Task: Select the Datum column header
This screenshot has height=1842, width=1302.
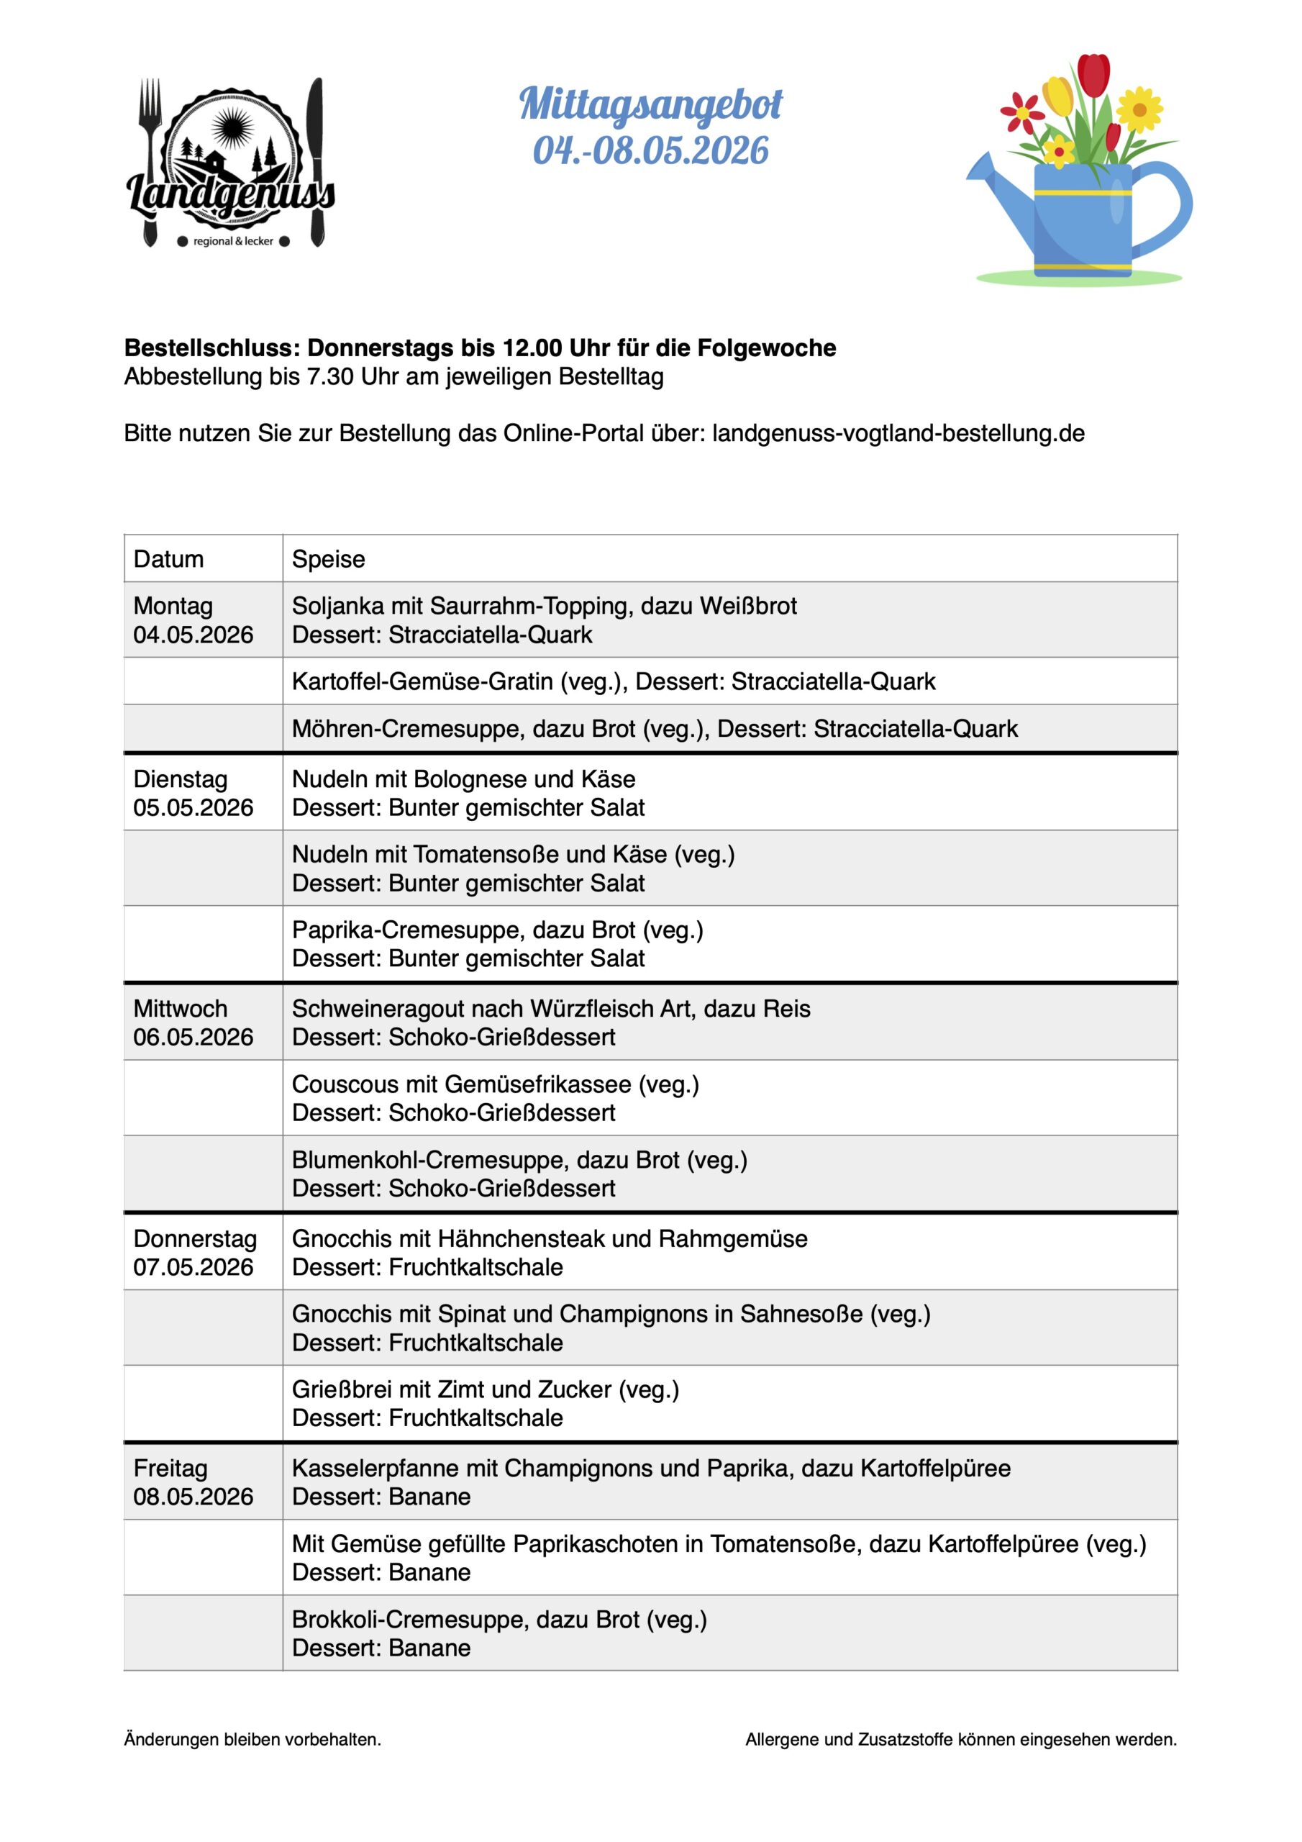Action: (168, 559)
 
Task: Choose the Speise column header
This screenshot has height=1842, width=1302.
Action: (328, 559)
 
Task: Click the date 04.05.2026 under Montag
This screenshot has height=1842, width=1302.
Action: (194, 635)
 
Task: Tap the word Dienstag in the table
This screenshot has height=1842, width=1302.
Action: (181, 779)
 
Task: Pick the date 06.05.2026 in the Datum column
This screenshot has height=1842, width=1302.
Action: (194, 1038)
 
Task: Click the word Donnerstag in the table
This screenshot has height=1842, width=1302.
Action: (195, 1239)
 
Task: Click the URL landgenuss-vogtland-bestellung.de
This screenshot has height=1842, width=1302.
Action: (898, 433)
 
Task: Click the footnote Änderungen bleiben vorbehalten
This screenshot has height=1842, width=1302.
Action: (252, 1739)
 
